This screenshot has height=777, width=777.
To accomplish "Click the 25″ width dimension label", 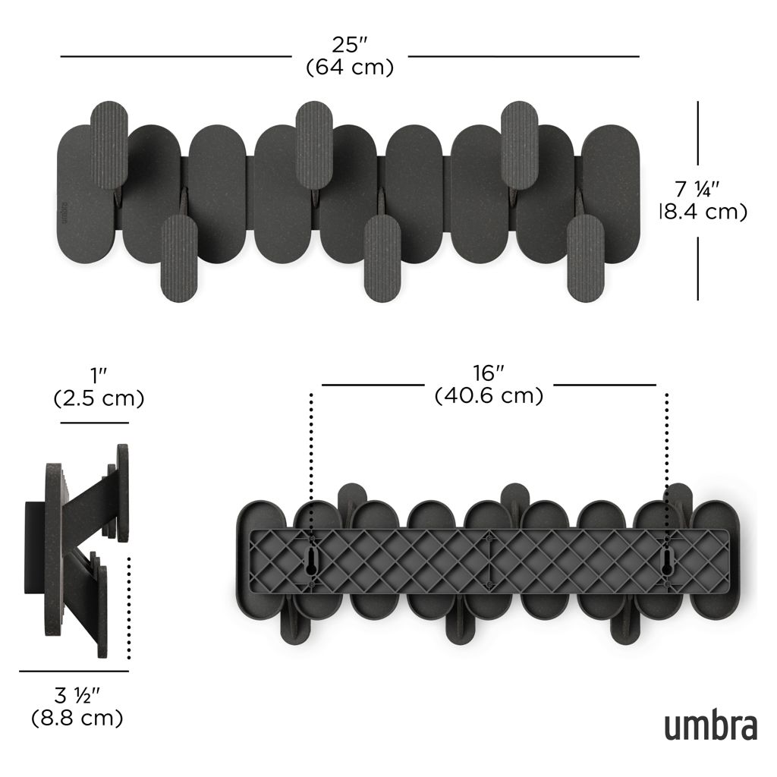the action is pyautogui.click(x=349, y=45).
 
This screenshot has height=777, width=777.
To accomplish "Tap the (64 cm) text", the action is pyautogui.click(x=350, y=67).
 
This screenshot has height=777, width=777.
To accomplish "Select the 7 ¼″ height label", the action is pyautogui.click(x=697, y=188).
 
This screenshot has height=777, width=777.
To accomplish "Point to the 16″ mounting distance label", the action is pyautogui.click(x=489, y=373).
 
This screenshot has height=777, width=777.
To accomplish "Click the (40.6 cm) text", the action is pyautogui.click(x=489, y=395).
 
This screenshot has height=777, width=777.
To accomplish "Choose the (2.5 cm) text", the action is pyautogui.click(x=99, y=398).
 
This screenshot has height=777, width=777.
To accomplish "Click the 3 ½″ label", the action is pyautogui.click(x=77, y=696).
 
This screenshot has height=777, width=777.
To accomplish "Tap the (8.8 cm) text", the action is pyautogui.click(x=77, y=718).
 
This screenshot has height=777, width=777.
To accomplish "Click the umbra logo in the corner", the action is pyautogui.click(x=710, y=725).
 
